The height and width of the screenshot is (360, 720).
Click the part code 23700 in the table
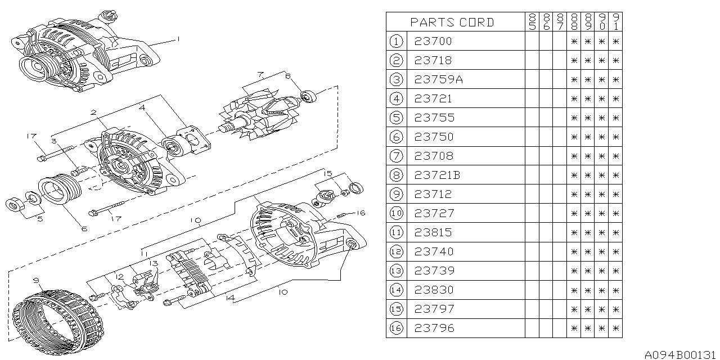click(x=433, y=41)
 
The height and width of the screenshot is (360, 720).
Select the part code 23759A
click(x=438, y=79)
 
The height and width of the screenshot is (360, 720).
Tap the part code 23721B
click(x=437, y=175)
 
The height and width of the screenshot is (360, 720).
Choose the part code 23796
click(x=434, y=328)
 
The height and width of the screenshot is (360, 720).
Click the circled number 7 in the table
click(x=396, y=156)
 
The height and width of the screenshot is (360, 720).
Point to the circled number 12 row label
click(x=396, y=251)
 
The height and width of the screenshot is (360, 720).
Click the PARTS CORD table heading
click(x=452, y=22)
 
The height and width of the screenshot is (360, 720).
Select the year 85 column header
click(x=532, y=22)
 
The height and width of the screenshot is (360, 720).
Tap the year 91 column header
click(x=615, y=22)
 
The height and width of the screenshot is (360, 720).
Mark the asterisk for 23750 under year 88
click(x=574, y=137)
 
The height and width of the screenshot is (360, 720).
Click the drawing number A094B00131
click(x=681, y=354)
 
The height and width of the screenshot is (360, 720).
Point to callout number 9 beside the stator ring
click(x=36, y=281)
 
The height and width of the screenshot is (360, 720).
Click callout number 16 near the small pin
click(x=361, y=213)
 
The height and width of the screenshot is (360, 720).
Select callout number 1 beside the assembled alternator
click(x=178, y=39)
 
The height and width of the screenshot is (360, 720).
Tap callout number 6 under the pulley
click(x=84, y=229)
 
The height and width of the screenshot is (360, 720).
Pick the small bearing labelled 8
click(x=308, y=97)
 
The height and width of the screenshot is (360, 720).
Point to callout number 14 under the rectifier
click(x=230, y=298)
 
